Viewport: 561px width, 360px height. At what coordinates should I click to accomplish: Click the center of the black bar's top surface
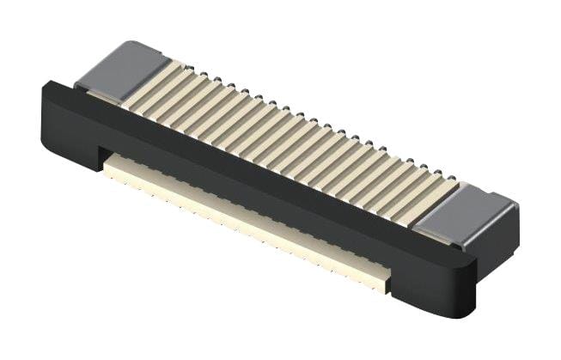click(258, 168)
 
